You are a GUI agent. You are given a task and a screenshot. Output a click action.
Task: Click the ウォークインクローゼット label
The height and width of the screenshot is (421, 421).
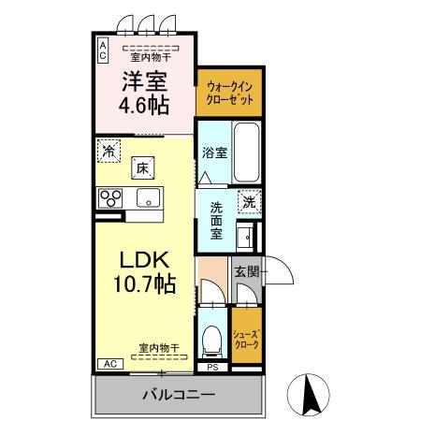(228, 91)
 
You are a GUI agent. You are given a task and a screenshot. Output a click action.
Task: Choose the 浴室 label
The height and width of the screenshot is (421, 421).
(214, 152)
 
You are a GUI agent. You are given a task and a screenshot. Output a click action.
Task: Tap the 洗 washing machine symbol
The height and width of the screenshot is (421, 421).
(248, 199)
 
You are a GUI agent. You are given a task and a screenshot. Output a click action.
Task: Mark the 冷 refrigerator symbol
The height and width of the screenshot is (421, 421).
(109, 150)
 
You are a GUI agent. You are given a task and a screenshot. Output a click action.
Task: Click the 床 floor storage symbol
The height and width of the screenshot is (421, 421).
(143, 168)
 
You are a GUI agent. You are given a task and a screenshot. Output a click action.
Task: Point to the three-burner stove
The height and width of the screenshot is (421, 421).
(112, 197)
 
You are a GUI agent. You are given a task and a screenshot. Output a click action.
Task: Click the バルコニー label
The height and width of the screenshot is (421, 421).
(179, 393)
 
